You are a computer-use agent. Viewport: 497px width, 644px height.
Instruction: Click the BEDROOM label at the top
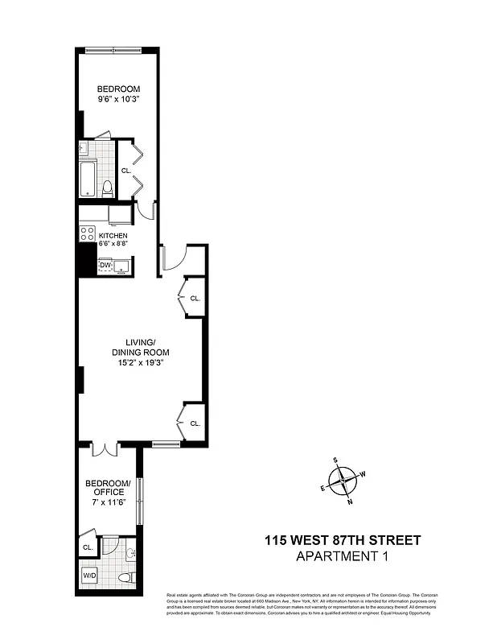tap(118, 89)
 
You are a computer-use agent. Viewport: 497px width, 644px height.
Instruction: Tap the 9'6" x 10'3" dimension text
tap(118, 101)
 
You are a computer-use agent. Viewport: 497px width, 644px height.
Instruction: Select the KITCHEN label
tap(113, 236)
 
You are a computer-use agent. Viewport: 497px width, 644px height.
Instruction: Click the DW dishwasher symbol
tap(105, 265)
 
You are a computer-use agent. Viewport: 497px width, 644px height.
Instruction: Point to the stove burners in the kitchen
tap(88, 233)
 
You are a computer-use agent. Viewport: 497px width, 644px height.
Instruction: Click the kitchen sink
tap(122, 266)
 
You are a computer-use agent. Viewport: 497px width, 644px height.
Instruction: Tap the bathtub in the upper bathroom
tap(88, 178)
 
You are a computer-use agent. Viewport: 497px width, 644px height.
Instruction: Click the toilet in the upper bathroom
tap(107, 188)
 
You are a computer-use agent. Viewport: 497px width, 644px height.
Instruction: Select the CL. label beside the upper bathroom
tap(126, 171)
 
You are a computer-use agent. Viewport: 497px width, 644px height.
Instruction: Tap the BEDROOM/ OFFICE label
tap(107, 487)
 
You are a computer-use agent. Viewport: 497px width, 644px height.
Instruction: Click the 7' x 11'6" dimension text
tap(107, 502)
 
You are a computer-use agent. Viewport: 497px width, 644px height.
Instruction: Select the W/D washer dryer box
tap(88, 576)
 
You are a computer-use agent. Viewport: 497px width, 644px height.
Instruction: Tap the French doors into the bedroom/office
tap(105, 449)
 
